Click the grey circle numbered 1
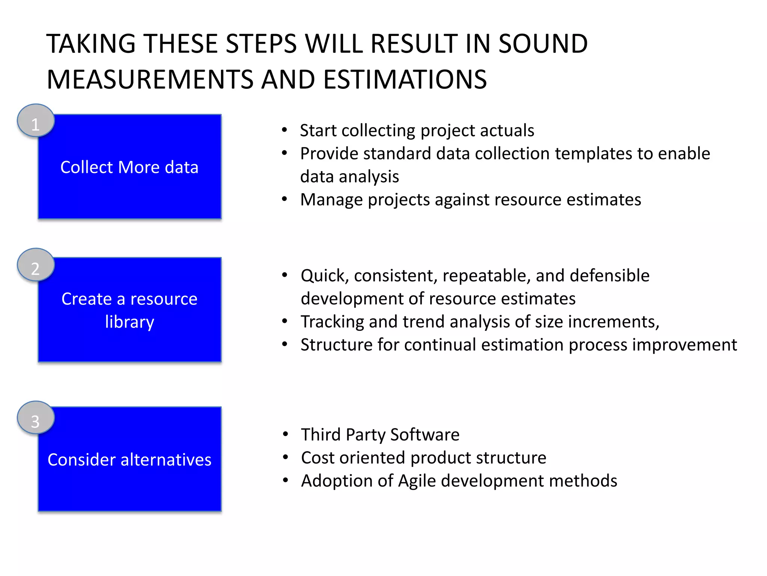(36, 121)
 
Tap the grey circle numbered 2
(36, 265)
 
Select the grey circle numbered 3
(36, 418)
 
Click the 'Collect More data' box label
(129, 167)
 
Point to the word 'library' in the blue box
(129, 322)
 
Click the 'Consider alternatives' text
(129, 460)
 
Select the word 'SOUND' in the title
(543, 44)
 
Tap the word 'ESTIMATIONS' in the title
(405, 79)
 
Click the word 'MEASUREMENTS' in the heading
(150, 79)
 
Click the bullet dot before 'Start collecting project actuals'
(285, 130)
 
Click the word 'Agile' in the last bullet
(417, 481)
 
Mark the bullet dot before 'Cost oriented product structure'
(286, 457)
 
